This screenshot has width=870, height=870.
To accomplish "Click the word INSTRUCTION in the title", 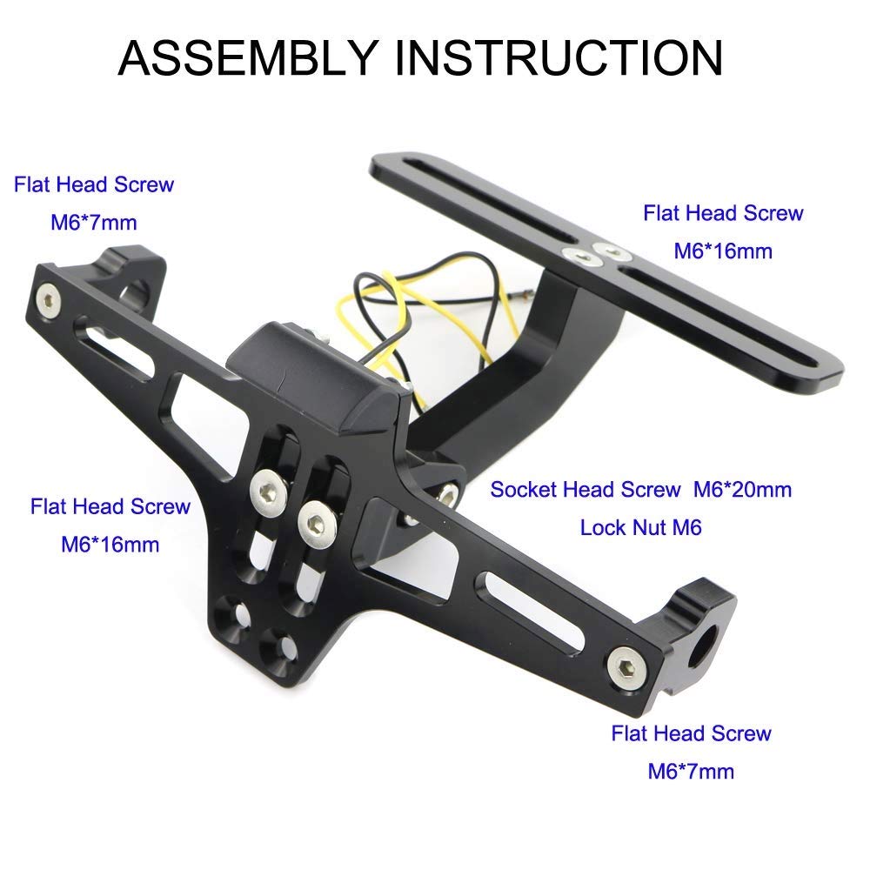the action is pos(559,57).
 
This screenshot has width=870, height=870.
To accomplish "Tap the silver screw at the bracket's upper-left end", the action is pos(49,301).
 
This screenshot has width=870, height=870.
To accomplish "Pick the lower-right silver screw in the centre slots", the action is pos(317,522).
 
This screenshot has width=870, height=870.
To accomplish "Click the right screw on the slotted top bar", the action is pos(611,251).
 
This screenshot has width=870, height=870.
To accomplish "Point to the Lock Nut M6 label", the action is pos(641,528).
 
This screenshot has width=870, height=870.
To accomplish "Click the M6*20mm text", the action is pos(742,490).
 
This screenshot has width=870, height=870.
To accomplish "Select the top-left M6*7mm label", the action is pos(94,223).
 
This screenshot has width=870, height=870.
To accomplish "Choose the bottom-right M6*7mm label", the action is pos(691,771).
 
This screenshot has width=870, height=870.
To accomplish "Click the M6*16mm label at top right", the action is pos(723,251).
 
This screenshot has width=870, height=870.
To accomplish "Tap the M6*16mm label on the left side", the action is pos(110,545).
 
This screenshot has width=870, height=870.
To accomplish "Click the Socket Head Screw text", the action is pos(586,490).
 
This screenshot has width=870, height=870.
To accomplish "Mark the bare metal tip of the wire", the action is pos(522,297).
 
